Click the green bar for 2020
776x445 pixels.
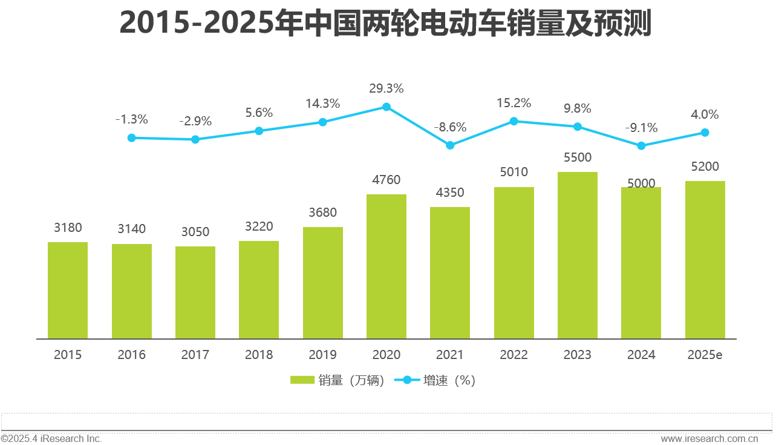386,266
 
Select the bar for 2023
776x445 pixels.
578,255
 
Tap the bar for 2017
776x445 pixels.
195,292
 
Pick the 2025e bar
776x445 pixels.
705,260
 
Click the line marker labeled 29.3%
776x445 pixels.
386,107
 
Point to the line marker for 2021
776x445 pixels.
450,145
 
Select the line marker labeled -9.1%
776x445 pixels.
641,146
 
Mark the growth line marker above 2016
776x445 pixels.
132,138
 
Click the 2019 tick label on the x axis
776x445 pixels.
322,355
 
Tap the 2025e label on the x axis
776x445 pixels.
705,355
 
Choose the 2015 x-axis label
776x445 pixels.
68,355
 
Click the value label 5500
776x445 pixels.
577,158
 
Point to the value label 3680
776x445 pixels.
322,213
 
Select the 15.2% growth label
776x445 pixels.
514,103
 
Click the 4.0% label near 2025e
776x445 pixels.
705,114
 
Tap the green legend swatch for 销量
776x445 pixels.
302,380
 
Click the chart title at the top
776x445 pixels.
385,23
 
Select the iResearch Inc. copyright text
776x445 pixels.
51,438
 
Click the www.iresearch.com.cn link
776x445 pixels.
709,438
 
